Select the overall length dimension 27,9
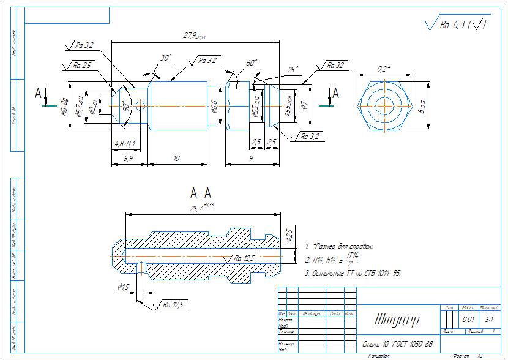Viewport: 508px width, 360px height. (x=190, y=37)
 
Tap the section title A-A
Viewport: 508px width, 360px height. (x=201, y=193)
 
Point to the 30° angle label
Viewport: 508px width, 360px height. (x=165, y=58)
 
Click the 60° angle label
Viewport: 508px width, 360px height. (x=251, y=63)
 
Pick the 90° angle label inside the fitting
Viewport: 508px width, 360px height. (x=126, y=105)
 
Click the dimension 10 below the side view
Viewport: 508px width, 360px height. (x=176, y=158)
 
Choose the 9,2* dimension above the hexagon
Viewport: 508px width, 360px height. (x=383, y=67)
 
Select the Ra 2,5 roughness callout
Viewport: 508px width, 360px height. (x=82, y=65)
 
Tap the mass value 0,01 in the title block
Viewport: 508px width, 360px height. (x=468, y=320)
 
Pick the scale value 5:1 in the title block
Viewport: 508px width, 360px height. (x=490, y=320)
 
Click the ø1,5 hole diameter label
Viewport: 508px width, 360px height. (x=124, y=287)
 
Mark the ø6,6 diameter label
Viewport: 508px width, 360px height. (x=214, y=106)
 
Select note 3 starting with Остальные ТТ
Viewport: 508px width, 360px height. (x=353, y=272)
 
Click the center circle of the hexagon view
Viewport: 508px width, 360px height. (x=384, y=104)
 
